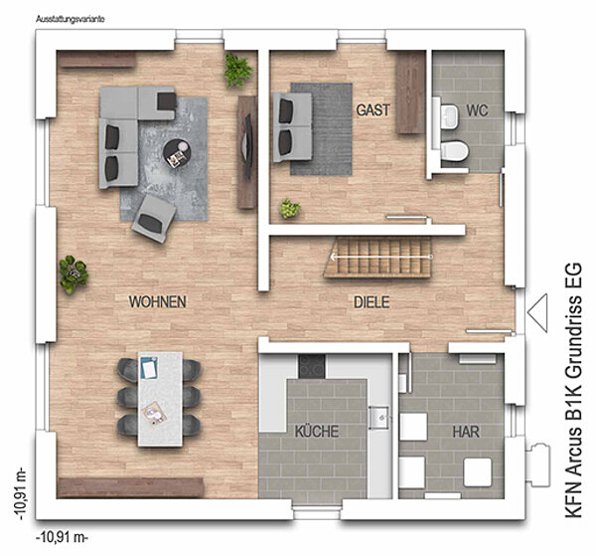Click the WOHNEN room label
coord(157,301)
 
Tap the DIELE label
coord(372,302)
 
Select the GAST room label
coord(372,110)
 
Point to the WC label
coord(477,110)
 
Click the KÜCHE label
coord(317,432)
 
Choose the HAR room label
coord(466,432)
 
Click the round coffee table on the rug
coord(177,153)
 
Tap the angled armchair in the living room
coord(154,219)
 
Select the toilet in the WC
coord(455,151)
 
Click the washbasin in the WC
coord(450,116)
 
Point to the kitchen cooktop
coord(312,366)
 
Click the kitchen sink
coord(379,418)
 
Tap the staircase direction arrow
coord(381,257)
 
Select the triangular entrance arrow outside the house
coord(537,313)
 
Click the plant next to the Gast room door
coord(290,209)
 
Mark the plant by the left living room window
coord(74,274)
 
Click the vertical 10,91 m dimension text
coord(21,493)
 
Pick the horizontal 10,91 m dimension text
coord(62,538)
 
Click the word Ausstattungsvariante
coord(71,19)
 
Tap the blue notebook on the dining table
coord(149,368)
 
